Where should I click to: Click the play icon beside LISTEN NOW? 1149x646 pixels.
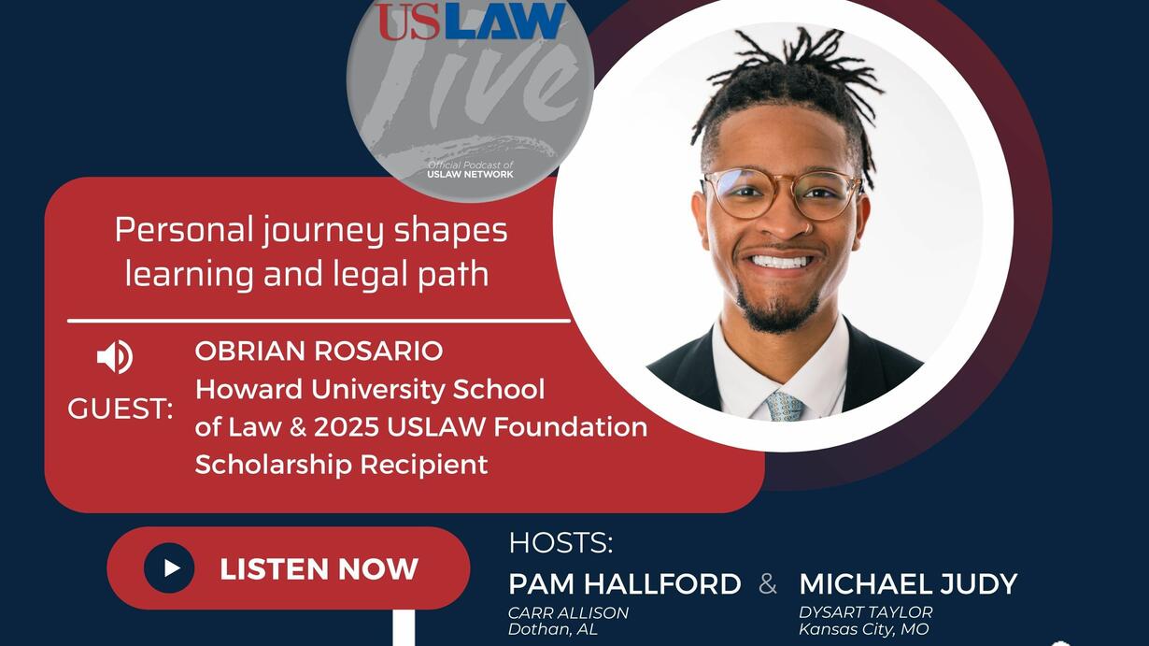point(169,568)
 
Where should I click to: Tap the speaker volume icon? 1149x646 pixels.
point(115,357)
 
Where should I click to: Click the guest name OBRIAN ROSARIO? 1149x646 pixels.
point(319,352)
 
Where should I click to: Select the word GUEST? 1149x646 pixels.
point(120,409)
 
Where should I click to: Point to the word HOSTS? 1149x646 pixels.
point(560,543)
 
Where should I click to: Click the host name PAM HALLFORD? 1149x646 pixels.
point(625,584)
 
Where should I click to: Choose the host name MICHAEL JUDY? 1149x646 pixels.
point(908,584)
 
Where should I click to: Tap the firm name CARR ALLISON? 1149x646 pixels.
point(568,612)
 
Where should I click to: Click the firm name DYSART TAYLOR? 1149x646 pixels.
point(866,612)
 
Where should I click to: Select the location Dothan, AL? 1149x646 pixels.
point(553,629)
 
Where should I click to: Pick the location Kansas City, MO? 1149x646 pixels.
point(864,629)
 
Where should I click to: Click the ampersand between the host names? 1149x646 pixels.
point(767,584)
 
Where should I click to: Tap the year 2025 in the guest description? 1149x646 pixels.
point(347,427)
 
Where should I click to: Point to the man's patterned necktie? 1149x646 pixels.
point(784,406)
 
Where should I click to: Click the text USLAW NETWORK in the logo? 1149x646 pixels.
point(471,175)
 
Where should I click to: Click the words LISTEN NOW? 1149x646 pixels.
point(319,569)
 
